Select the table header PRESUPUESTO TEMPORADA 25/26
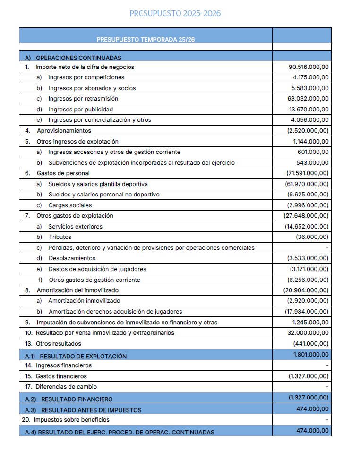pyautogui.click(x=146, y=39)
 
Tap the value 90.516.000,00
pyautogui.click(x=309, y=67)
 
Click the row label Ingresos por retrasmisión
pyautogui.click(x=83, y=99)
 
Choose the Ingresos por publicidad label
pyautogui.click(x=81, y=110)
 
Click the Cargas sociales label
pyautogui.click(x=70, y=205)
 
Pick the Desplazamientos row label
pyautogui.click(x=72, y=258)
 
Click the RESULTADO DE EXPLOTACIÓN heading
pyautogui.click(x=83, y=356)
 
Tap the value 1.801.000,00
pyautogui.click(x=310, y=354)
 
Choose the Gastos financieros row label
pyautogui.click(x=61, y=376)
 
